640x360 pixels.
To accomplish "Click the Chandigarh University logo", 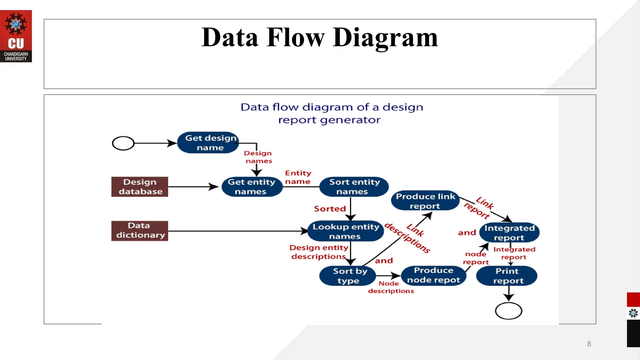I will pyautogui.click(x=16, y=36).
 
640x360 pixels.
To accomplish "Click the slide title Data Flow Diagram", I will pyautogui.click(x=319, y=37).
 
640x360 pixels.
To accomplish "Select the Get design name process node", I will pyautogui.click(x=208, y=142).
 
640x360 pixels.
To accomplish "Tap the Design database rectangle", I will pyautogui.click(x=140, y=187).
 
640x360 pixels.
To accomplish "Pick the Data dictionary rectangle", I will pyautogui.click(x=140, y=231).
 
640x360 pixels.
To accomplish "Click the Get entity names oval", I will pyautogui.click(x=252, y=187).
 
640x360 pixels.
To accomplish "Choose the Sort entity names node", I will pyautogui.click(x=354, y=187).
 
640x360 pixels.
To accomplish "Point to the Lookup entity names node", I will pyautogui.click(x=345, y=231).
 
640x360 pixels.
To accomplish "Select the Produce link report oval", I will pyautogui.click(x=425, y=201).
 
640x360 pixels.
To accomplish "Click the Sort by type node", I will pyautogui.click(x=347, y=276).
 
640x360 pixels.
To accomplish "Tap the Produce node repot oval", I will pyautogui.click(x=433, y=275).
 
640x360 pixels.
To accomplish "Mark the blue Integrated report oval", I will pyautogui.click(x=509, y=232).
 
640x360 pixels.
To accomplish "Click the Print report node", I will pyautogui.click(x=507, y=276).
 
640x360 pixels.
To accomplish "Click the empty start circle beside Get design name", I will pyautogui.click(x=123, y=143).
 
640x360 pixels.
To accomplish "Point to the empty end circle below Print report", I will pyautogui.click(x=508, y=311).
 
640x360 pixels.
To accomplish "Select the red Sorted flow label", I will pyautogui.click(x=330, y=209).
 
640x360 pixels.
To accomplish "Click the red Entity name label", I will pyautogui.click(x=298, y=177).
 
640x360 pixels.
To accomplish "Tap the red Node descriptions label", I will pyautogui.click(x=390, y=287).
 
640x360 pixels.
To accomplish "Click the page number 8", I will pyautogui.click(x=589, y=344).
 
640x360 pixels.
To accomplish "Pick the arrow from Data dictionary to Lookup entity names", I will pyautogui.click(x=237, y=231).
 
